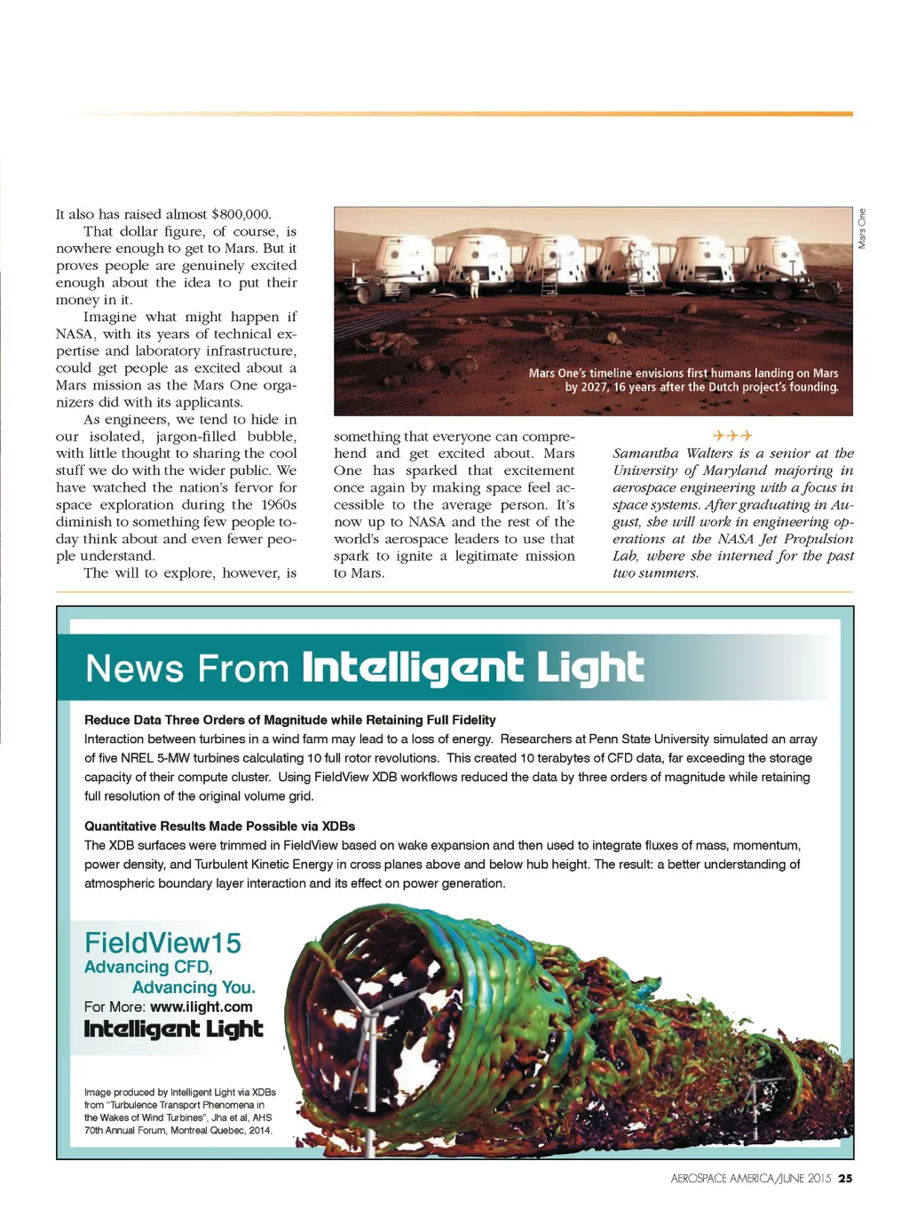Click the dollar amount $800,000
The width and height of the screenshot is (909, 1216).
(241, 214)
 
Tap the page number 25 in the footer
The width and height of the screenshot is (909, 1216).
(845, 1179)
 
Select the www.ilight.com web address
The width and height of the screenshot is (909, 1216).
(202, 1007)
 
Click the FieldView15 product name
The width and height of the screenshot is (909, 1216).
(162, 943)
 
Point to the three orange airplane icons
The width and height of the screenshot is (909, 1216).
(732, 436)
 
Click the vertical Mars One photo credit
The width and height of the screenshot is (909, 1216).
(861, 228)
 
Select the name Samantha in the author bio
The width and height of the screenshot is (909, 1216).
(645, 454)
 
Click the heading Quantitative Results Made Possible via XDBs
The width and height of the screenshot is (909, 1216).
(219, 825)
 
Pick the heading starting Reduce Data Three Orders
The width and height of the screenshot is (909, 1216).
(289, 720)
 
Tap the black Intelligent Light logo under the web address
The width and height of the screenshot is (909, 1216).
(173, 1030)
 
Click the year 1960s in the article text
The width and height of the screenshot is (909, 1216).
(278, 505)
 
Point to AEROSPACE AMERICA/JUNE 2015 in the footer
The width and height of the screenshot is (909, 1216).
(750, 1179)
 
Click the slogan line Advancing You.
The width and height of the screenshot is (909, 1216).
(194, 987)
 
